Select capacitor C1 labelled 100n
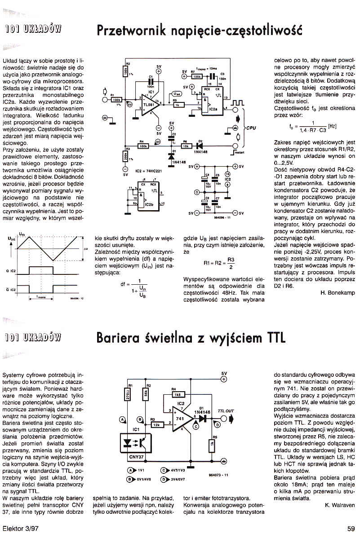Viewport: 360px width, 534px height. pyautogui.click(x=151, y=83)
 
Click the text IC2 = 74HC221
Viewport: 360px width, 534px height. pyautogui.click(x=148, y=171)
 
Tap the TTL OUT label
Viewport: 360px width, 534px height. pyautogui.click(x=226, y=410)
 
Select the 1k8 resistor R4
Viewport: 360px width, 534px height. pyautogui.click(x=178, y=394)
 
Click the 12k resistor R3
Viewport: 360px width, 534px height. pyautogui.click(x=156, y=424)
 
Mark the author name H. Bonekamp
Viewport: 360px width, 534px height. pyautogui.click(x=338, y=293)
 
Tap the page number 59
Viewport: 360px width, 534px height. pyautogui.click(x=351, y=528)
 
